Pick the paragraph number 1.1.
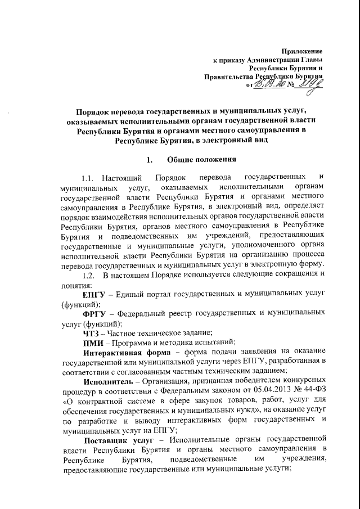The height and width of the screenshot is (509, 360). point(90,179)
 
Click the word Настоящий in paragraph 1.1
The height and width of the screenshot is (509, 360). point(124,179)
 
